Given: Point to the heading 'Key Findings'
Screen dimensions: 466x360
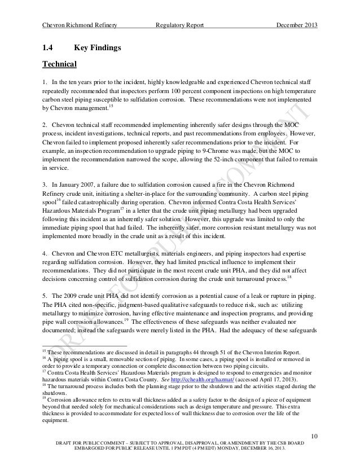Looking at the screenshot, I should point(97,50).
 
